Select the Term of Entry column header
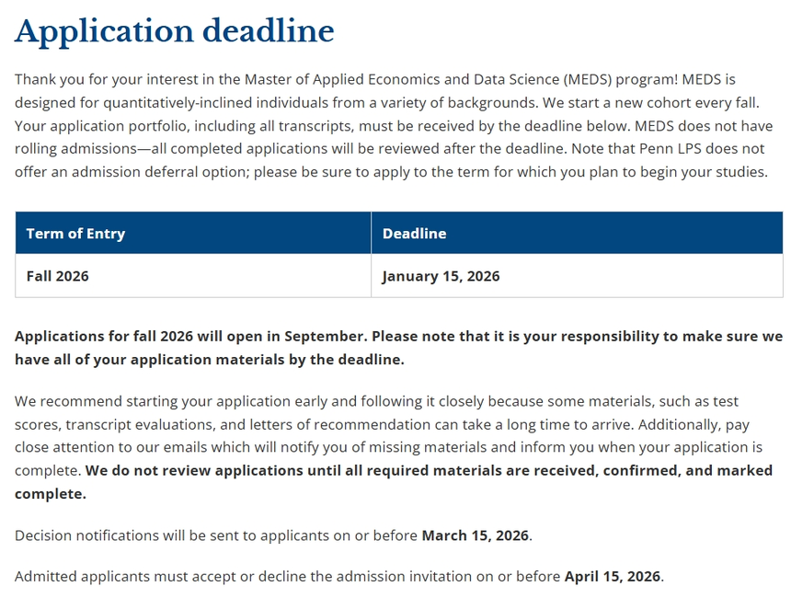coord(75,234)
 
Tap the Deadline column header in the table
coord(414,234)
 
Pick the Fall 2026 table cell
coord(58,276)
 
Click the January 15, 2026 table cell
coord(441,276)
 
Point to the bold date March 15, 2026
coord(476,535)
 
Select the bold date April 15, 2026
coord(613,577)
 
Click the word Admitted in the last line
coord(45,577)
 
